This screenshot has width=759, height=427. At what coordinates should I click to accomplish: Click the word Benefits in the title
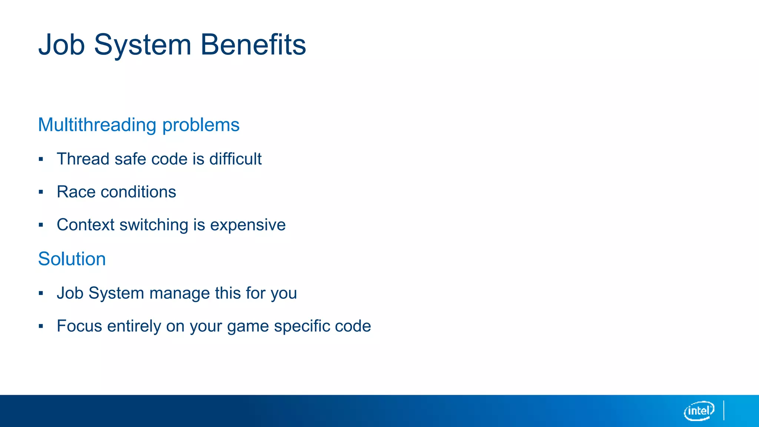[x=253, y=44]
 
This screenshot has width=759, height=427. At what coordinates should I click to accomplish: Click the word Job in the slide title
[x=62, y=44]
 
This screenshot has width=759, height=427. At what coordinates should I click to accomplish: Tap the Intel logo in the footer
[x=699, y=411]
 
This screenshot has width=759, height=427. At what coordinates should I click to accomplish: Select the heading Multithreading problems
[x=139, y=125]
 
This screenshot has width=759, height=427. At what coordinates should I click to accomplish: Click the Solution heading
[x=72, y=259]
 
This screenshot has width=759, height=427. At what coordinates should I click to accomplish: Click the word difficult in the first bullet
[x=235, y=159]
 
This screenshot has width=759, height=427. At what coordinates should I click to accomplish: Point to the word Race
[x=76, y=192]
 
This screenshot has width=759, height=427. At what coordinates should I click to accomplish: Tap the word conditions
[x=138, y=192]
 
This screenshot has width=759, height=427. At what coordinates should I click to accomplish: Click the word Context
[x=86, y=225]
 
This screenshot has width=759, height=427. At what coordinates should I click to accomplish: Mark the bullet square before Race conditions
[x=41, y=192]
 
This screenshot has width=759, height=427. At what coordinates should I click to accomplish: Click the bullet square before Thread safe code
[x=41, y=159]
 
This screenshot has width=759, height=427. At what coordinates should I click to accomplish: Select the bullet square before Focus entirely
[x=41, y=327]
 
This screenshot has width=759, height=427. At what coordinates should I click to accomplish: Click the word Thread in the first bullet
[x=83, y=159]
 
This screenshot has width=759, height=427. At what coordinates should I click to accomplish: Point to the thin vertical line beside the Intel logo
[x=724, y=410]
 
